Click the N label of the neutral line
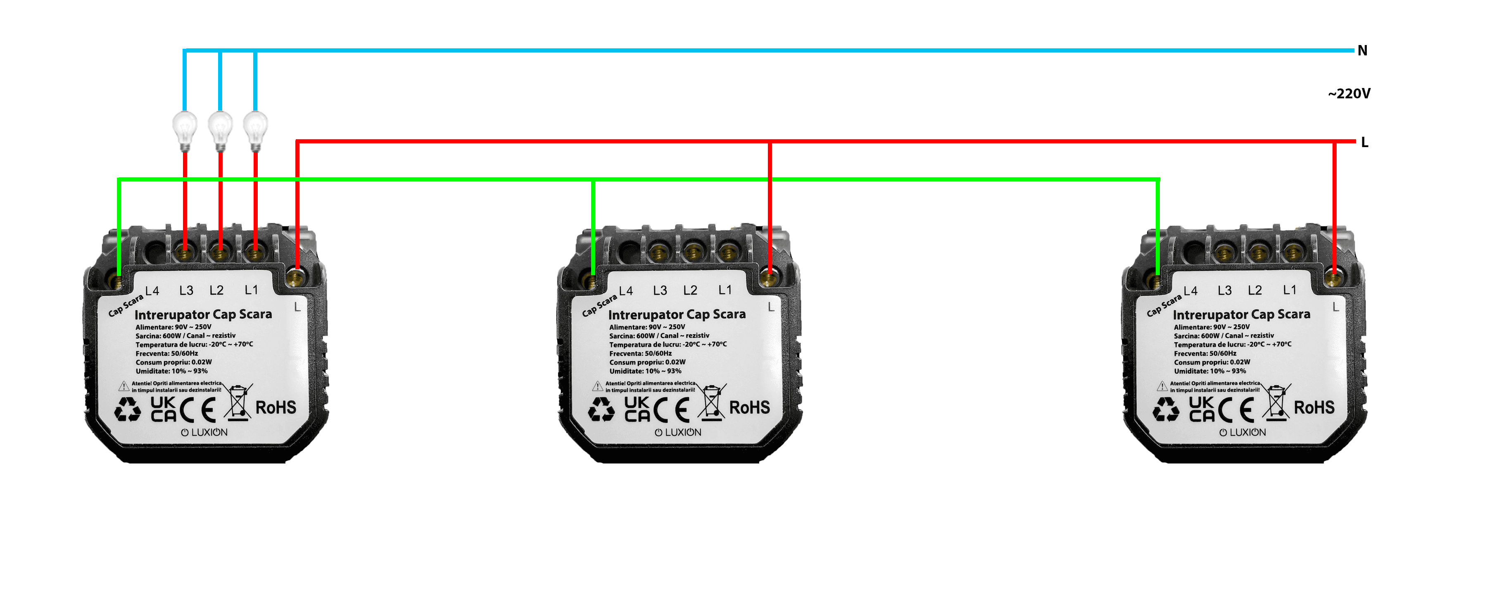pyautogui.click(x=1362, y=50)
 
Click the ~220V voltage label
pyautogui.click(x=1349, y=93)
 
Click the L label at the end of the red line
pyautogui.click(x=1365, y=142)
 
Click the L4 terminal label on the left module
pyautogui.click(x=152, y=290)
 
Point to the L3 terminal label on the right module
pyautogui.click(x=1224, y=290)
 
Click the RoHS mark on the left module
pyautogui.click(x=276, y=407)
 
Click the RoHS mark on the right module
pyautogui.click(x=1314, y=407)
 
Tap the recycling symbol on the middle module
pyautogui.click(x=601, y=409)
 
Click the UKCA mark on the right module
pyautogui.click(x=1202, y=409)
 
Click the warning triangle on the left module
pyautogui.click(x=124, y=386)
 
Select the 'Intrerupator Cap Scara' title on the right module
pyautogui.click(x=1242, y=315)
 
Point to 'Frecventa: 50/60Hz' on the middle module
pyautogui.click(x=641, y=354)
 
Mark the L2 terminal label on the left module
pyautogui.click(x=216, y=290)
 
